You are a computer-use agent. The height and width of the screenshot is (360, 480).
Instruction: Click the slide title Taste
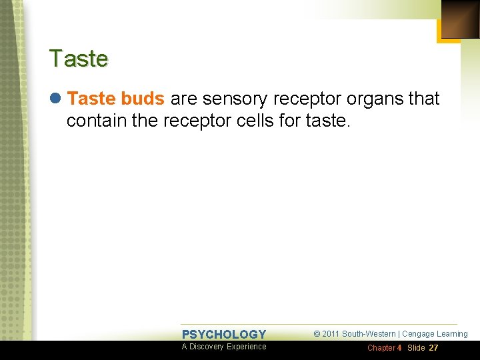[x=78, y=59]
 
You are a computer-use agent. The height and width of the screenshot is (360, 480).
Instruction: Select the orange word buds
[x=143, y=99]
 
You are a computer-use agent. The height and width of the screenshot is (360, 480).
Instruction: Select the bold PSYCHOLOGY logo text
[x=224, y=335]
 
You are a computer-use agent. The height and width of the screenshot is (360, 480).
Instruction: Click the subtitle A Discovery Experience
[x=224, y=347]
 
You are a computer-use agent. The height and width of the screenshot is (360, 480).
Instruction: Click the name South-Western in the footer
[x=369, y=334]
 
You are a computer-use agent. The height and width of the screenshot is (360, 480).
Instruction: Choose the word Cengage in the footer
[x=417, y=334]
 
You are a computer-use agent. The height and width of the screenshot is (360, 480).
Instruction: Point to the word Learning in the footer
[x=452, y=334]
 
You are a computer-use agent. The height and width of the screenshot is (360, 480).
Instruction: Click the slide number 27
[x=433, y=348]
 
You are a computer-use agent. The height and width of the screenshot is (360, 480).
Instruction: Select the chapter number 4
[x=399, y=348]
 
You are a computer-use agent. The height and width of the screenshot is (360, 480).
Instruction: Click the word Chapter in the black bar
[x=381, y=348]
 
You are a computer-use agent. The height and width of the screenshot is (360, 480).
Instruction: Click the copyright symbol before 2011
[x=317, y=334]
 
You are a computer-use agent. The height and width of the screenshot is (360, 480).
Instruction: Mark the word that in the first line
[x=424, y=99]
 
